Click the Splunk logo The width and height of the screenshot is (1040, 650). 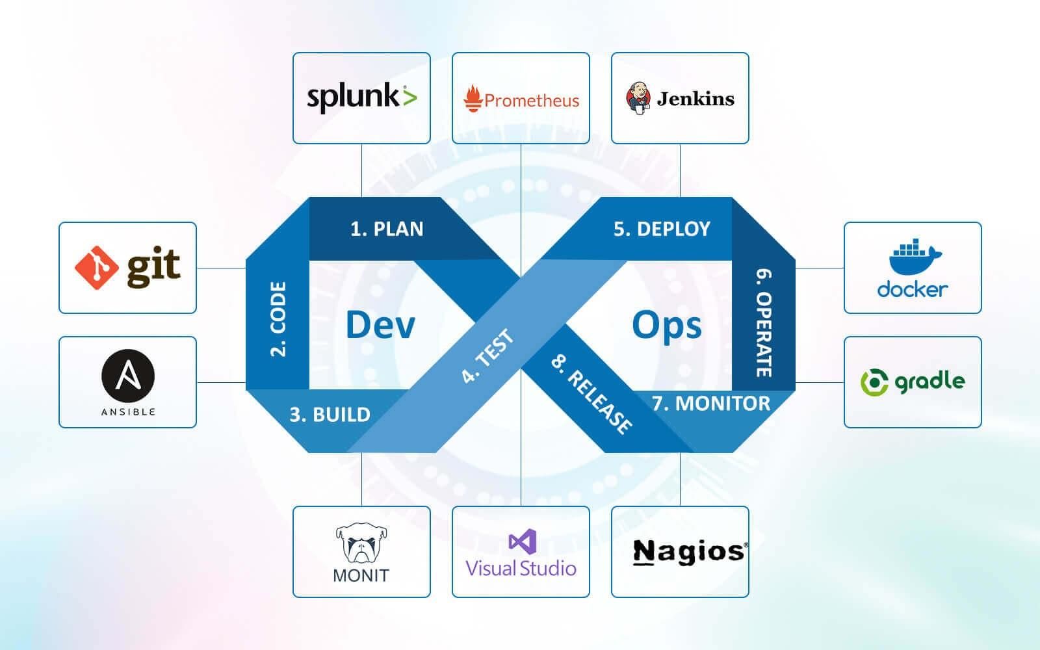tap(361, 97)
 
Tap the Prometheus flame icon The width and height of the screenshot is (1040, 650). tap(473, 99)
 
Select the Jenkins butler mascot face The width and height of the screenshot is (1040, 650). tap(638, 98)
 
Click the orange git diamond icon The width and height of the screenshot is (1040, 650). tap(97, 268)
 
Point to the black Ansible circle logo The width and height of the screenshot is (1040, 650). tap(127, 376)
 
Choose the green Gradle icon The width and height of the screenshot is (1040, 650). tap(874, 382)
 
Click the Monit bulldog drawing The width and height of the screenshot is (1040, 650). tap(361, 543)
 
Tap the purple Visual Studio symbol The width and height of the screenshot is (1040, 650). tap(521, 541)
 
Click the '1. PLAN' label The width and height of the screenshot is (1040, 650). tap(387, 229)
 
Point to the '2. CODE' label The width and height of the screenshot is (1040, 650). tap(278, 319)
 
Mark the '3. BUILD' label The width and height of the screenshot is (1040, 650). tap(330, 415)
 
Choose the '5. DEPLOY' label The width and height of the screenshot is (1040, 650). tap(662, 229)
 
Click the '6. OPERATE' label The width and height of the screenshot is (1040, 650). tap(764, 322)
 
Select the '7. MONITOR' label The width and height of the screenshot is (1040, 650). tap(711, 404)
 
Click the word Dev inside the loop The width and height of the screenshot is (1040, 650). tap(380, 324)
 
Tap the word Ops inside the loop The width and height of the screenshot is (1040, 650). tap(667, 324)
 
